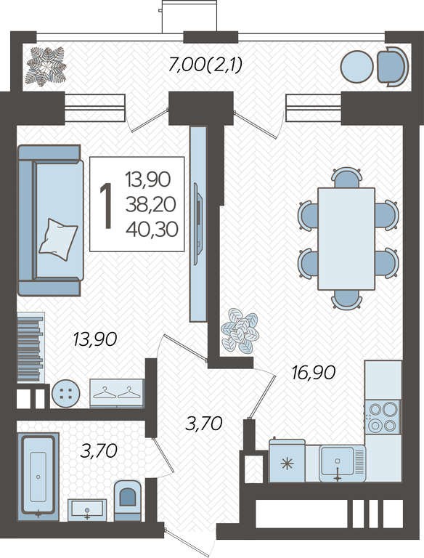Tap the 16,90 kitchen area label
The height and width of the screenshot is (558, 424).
click(x=314, y=373)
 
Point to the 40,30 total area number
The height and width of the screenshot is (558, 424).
click(x=152, y=229)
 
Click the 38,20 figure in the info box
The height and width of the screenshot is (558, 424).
click(x=151, y=205)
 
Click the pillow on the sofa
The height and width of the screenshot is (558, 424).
click(x=58, y=239)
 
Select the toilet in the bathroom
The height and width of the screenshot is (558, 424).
click(x=127, y=500)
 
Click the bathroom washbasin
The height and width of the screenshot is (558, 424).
click(x=87, y=509)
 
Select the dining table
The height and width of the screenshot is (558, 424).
click(x=346, y=238)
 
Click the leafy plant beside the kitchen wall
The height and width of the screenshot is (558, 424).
click(x=240, y=331)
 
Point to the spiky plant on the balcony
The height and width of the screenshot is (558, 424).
click(x=46, y=67)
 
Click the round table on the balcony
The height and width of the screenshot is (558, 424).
click(x=356, y=67)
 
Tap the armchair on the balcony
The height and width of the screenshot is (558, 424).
click(x=392, y=67)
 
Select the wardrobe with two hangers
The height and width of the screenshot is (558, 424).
click(x=117, y=393)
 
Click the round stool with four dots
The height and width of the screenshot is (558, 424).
click(x=66, y=393)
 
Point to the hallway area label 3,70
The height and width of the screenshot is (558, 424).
click(x=204, y=424)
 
